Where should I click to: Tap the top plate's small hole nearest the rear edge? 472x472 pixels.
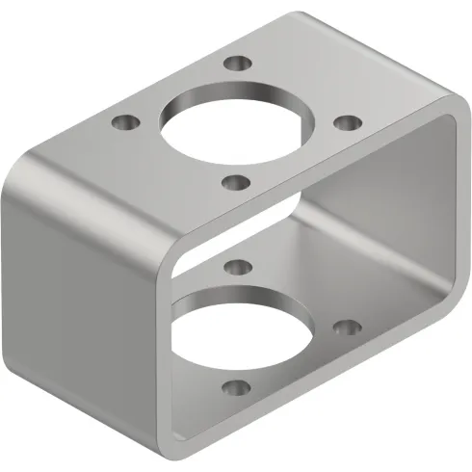[x=236, y=66]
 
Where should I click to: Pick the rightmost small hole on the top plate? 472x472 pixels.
[x=347, y=122]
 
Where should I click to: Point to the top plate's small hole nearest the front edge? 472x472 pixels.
[x=236, y=179]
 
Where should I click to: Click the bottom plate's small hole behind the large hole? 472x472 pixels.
[x=237, y=264]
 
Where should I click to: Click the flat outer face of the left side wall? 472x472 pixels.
[x=77, y=289]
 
